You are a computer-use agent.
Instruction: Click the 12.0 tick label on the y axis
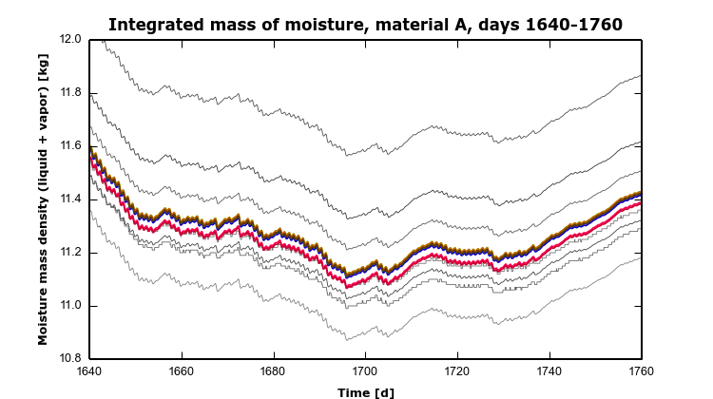pos(70,40)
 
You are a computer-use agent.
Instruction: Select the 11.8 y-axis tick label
pos(70,93)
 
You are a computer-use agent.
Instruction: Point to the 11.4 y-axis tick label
pos(70,199)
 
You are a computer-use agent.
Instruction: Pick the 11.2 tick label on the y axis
pos(70,253)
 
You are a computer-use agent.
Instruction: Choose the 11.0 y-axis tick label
pos(70,306)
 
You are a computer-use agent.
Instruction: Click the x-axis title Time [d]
pos(366,390)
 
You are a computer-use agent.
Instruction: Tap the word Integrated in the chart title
pos(154,24)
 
